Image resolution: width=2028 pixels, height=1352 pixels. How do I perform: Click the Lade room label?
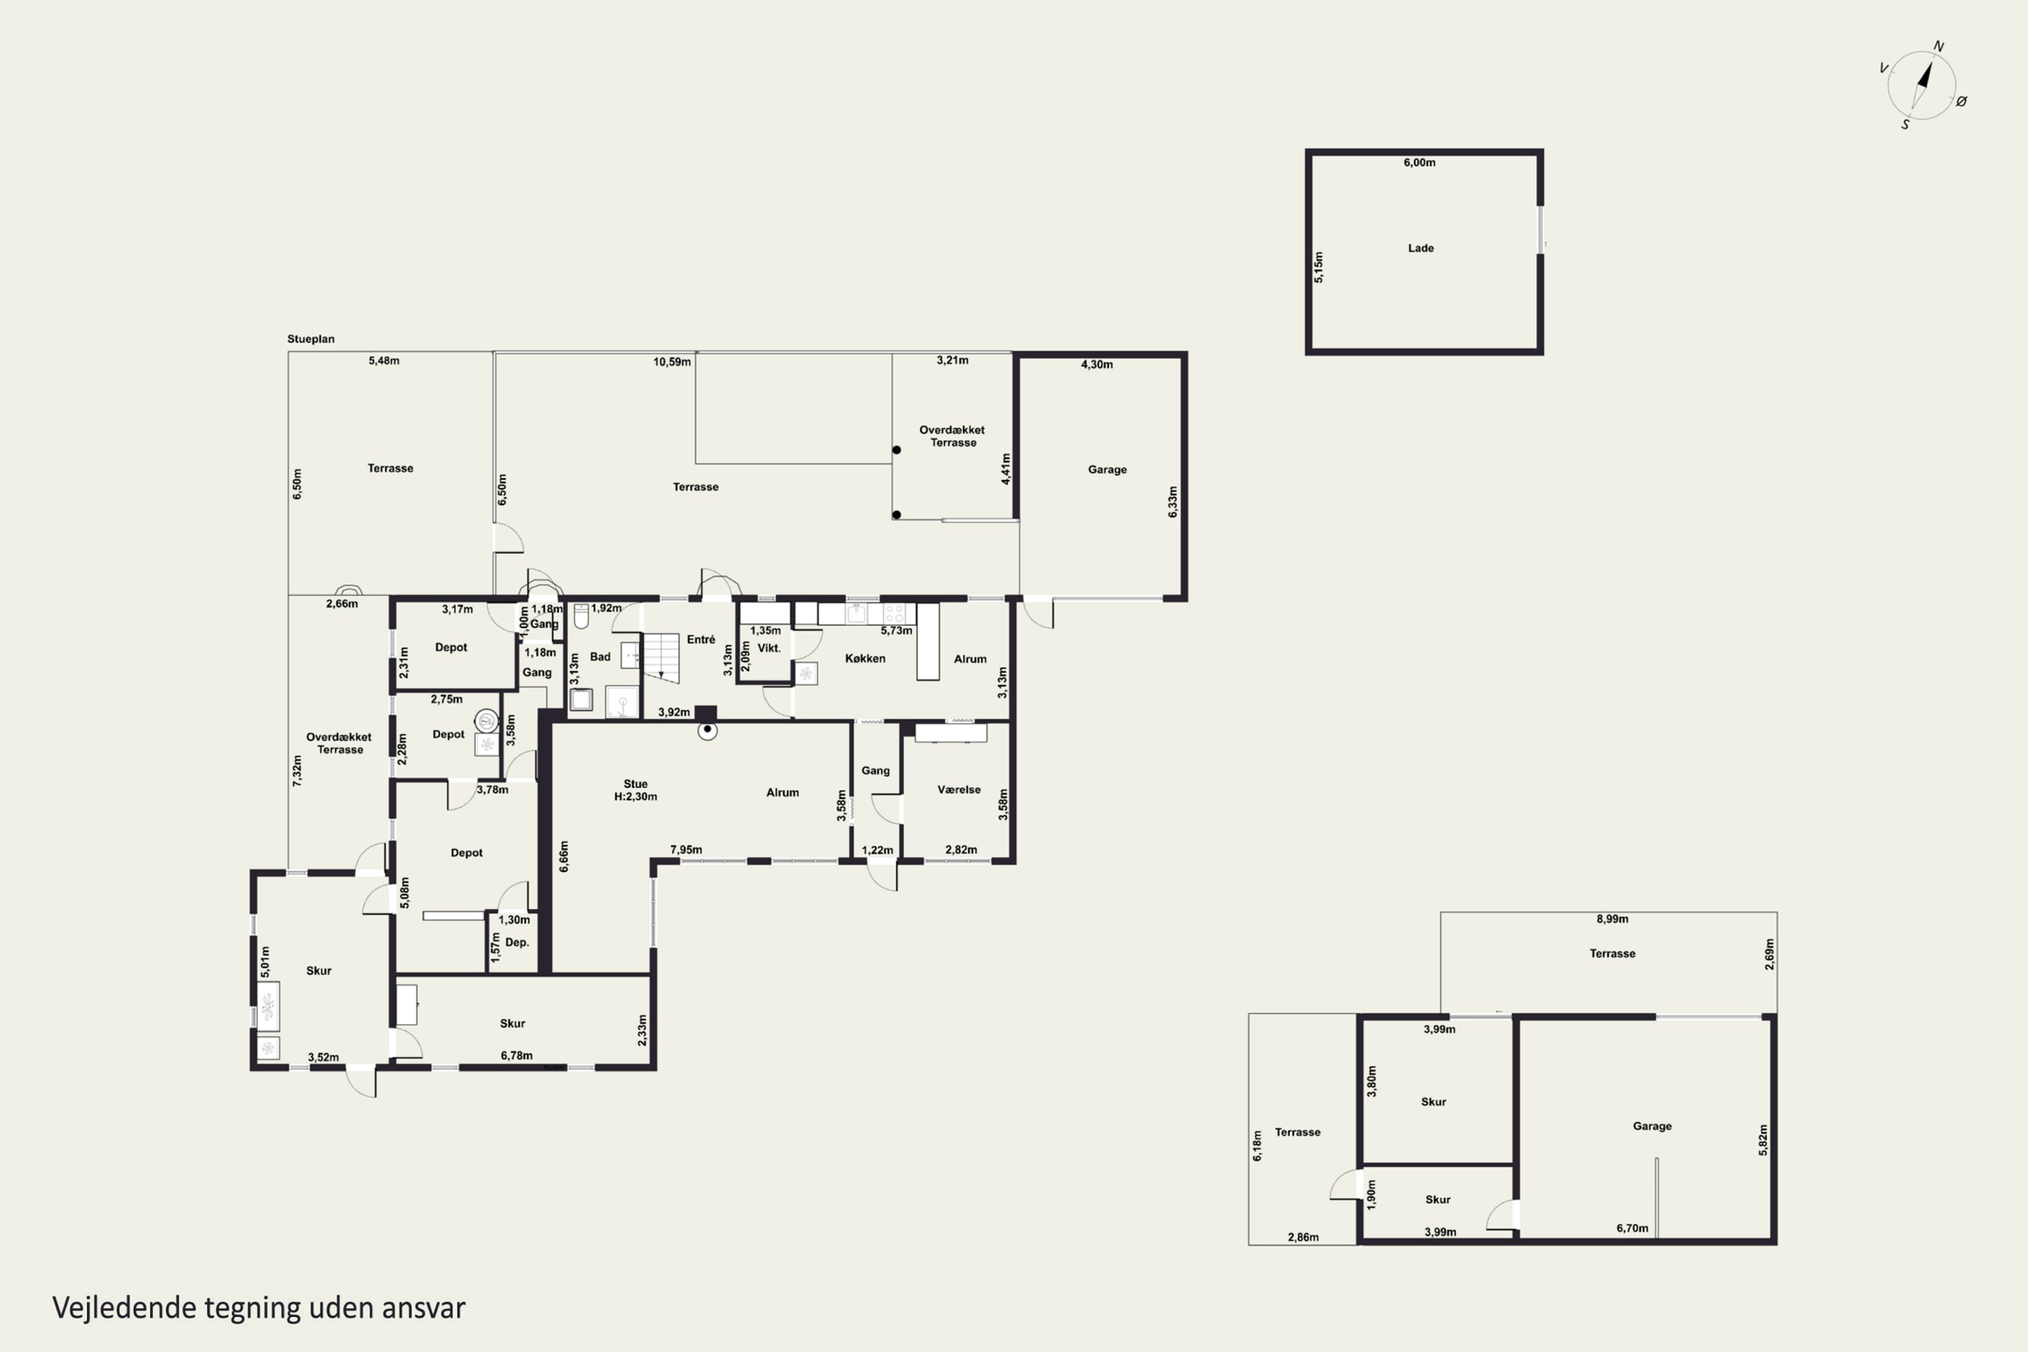point(1421,248)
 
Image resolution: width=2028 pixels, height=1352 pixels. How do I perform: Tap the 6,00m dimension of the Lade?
point(1419,162)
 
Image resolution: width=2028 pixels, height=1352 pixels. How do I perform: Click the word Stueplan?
point(310,339)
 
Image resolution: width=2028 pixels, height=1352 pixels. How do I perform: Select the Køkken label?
point(865,658)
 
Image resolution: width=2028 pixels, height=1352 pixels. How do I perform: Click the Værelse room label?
point(959,789)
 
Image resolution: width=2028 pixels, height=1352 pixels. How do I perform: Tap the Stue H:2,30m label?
point(635,790)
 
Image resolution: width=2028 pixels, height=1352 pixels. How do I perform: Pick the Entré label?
point(701,639)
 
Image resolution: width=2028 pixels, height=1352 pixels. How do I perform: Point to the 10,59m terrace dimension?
point(672,362)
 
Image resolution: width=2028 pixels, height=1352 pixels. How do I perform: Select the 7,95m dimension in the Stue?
point(686,849)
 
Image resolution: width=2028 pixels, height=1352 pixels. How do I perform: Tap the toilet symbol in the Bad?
point(581,616)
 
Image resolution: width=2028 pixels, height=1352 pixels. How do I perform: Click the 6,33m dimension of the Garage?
point(1173,502)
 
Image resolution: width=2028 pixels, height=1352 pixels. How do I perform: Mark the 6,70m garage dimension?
point(1633,1228)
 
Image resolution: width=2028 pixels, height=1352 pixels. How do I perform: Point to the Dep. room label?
point(516,942)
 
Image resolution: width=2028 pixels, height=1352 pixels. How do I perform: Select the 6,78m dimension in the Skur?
point(516,1055)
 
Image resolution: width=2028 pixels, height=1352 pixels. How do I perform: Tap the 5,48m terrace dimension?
point(384,360)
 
